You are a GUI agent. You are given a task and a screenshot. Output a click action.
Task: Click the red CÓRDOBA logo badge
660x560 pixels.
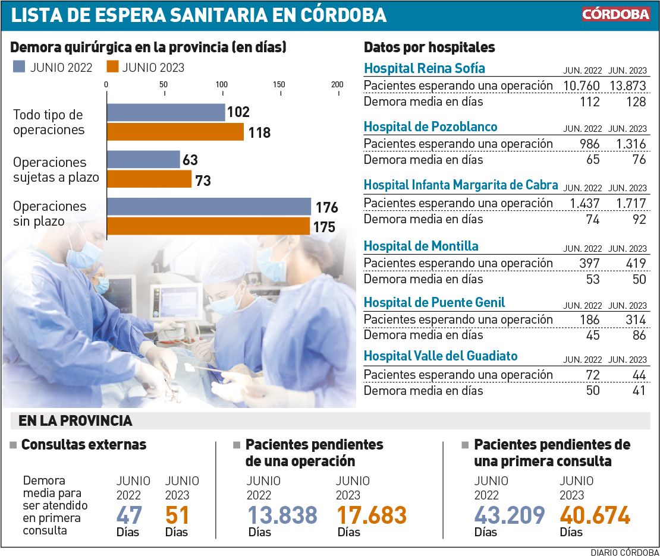pos(615,14)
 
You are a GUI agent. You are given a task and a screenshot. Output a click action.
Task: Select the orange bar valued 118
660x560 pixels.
pos(175,132)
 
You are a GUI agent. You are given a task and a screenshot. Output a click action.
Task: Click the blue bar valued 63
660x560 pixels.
pos(143,159)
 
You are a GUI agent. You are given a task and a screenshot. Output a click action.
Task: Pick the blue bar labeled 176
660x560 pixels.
pos(209,207)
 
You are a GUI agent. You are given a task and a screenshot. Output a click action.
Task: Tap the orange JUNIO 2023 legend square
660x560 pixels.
pos(112,67)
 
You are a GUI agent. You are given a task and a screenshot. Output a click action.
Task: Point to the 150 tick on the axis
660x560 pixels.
pos(279,84)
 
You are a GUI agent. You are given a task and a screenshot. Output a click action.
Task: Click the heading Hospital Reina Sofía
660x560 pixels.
pos(424,68)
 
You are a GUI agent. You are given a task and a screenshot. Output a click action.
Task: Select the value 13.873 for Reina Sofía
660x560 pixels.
pos(627,86)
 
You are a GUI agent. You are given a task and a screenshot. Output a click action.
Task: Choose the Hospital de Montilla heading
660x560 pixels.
pos(421,246)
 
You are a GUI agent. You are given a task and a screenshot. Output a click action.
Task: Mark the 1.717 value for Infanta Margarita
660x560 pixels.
pos(631,203)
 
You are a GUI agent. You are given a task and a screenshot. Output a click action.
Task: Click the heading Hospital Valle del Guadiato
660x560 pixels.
pos(440,356)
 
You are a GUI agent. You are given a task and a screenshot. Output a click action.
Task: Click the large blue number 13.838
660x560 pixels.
pos(282,515)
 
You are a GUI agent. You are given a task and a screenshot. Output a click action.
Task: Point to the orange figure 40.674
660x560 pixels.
pos(595,515)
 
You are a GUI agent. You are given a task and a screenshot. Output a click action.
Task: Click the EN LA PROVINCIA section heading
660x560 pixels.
pos(76,421)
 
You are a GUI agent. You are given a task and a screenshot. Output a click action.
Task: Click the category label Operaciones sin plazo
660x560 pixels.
pos(50,214)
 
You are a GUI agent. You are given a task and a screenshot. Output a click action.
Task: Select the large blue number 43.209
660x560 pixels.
pos(510,515)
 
